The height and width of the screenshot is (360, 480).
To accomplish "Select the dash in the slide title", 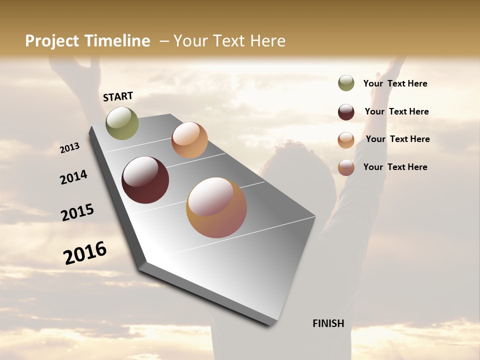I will [x=164, y=41].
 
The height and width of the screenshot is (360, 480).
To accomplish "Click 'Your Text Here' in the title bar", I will [x=229, y=41].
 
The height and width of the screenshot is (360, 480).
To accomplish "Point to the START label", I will [x=118, y=96].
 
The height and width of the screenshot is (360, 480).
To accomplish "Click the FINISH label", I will [x=328, y=323].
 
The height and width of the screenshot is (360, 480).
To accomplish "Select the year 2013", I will [x=70, y=148].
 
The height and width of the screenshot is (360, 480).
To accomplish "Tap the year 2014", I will [x=74, y=177].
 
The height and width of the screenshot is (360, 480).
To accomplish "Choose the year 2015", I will [x=77, y=212].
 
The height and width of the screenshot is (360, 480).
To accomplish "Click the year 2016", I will [x=85, y=253].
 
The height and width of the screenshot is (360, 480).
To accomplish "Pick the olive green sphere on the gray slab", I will [x=122, y=123].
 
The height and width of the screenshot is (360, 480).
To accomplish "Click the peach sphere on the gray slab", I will [x=189, y=140].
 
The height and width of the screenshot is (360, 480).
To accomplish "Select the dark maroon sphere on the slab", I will [x=145, y=180].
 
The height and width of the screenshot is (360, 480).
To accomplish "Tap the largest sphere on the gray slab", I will [x=216, y=207].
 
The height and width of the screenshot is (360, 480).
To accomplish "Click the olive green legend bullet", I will [x=346, y=83].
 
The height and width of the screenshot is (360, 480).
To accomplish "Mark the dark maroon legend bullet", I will [x=346, y=112].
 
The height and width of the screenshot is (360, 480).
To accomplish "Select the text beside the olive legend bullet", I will [x=395, y=83].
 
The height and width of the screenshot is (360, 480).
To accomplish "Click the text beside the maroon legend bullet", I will [x=396, y=111].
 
